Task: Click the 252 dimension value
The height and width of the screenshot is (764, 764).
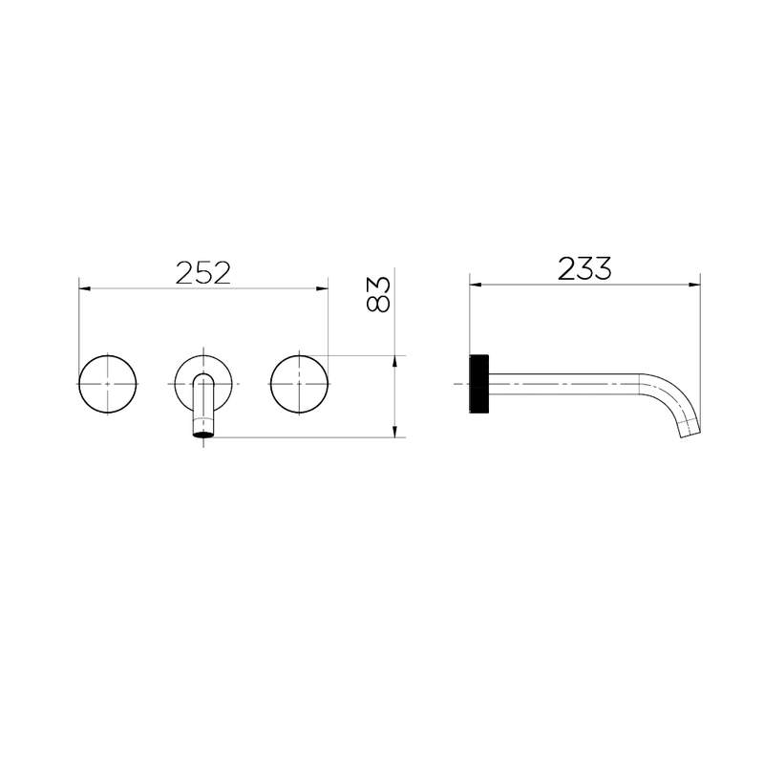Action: click(x=202, y=273)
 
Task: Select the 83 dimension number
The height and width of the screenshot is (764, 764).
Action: click(x=378, y=294)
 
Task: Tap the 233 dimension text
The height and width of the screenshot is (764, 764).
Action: click(x=584, y=268)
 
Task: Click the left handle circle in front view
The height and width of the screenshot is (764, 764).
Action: click(x=108, y=385)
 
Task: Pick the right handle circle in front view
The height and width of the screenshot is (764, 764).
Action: click(x=299, y=385)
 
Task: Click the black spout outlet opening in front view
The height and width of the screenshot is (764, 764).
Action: click(x=203, y=434)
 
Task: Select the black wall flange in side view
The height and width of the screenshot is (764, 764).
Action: click(x=479, y=385)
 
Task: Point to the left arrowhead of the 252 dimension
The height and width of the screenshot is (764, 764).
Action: click(x=85, y=288)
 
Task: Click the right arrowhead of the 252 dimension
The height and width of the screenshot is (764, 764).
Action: click(x=322, y=288)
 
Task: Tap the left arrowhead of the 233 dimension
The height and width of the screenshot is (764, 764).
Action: click(x=476, y=285)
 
